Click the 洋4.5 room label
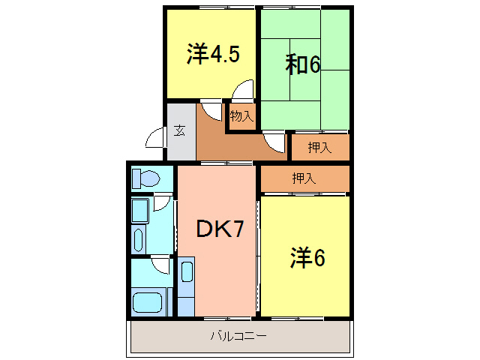point(213,54)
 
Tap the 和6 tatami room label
point(303,65)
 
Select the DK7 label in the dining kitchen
point(220,229)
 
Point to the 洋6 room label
point(307,257)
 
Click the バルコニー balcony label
point(238,335)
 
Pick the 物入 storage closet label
point(241,116)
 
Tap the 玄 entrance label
point(180,130)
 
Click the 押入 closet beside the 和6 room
point(320,147)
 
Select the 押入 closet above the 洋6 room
point(304,178)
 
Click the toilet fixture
point(147,179)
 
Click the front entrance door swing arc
point(155,139)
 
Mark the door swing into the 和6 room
point(274,142)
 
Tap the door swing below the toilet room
point(163,202)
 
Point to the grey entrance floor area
point(180,142)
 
